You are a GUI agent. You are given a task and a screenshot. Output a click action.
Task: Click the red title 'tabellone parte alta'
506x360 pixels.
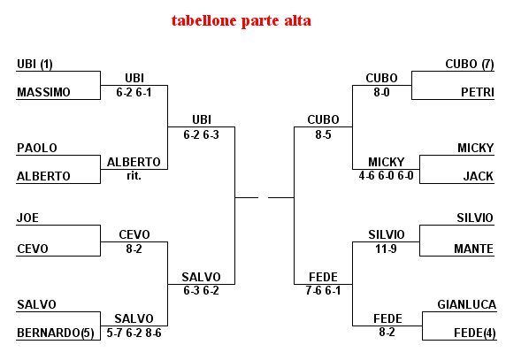click(x=241, y=21)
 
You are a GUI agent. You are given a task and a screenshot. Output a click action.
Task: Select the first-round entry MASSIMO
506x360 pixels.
click(x=43, y=92)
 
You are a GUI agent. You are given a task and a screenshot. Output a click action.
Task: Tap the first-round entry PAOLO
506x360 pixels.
click(x=37, y=148)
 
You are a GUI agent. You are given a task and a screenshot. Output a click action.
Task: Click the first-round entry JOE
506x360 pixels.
click(x=27, y=218)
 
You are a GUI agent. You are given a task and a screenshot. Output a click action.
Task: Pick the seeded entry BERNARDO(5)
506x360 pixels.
click(x=56, y=333)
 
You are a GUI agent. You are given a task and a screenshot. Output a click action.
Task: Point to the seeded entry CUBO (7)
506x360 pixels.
click(x=470, y=65)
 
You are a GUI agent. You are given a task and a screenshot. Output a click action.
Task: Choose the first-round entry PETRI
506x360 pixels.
click(x=478, y=92)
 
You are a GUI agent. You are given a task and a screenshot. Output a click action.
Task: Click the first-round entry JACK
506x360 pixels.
click(x=479, y=176)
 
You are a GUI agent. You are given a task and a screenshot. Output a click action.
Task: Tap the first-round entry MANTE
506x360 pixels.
click(x=474, y=249)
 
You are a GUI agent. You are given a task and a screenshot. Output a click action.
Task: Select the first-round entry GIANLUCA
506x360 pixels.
click(x=466, y=304)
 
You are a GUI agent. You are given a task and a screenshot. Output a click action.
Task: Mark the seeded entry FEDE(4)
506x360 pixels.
click(x=475, y=333)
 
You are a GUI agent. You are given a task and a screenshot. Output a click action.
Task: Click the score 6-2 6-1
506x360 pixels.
click(x=134, y=93)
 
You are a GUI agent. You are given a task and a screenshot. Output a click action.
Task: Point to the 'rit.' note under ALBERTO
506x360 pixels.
click(x=134, y=176)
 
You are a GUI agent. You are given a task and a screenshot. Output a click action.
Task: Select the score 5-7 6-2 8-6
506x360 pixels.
click(x=134, y=333)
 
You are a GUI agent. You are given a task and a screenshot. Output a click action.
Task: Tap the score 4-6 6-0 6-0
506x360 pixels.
click(x=387, y=175)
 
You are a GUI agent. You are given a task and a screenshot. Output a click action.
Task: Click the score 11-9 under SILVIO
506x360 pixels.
click(x=386, y=249)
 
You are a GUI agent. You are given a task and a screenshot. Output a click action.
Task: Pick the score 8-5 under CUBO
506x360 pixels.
click(x=324, y=134)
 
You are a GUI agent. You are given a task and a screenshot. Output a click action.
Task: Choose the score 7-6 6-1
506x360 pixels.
click(x=324, y=291)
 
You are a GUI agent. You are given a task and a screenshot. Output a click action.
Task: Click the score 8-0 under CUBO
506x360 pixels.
click(x=382, y=93)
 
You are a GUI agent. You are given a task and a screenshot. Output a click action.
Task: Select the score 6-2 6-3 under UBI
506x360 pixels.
click(x=202, y=134)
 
